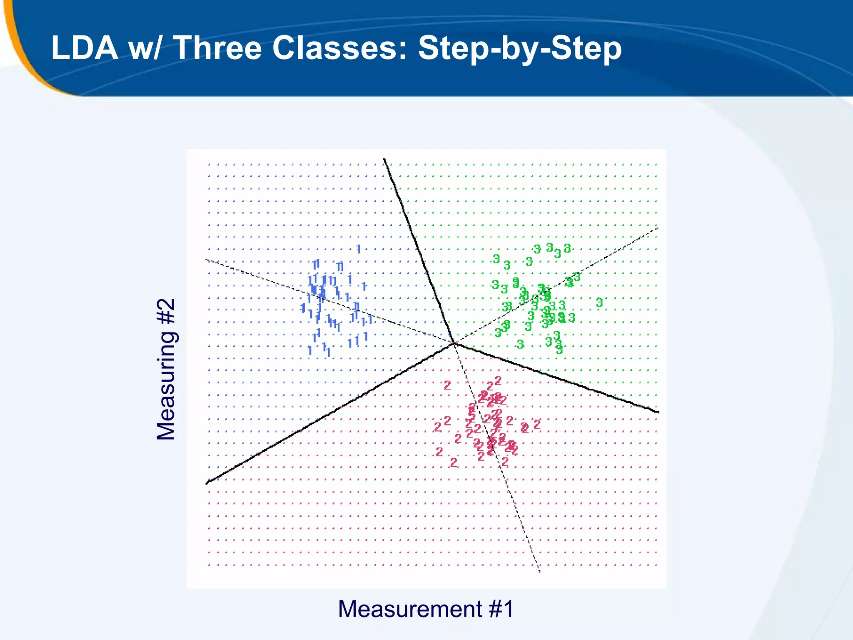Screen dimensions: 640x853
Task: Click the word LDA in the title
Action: point(85,48)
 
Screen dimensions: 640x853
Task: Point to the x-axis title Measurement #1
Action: point(426,609)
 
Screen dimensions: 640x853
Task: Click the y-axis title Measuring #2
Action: point(166,369)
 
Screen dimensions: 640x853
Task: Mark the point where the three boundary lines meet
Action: point(454,343)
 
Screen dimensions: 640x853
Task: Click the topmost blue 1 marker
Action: point(359,249)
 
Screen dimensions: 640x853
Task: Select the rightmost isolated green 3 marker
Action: point(599,302)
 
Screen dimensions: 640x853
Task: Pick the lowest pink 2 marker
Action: point(454,462)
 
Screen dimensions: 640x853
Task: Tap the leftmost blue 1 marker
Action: point(303,308)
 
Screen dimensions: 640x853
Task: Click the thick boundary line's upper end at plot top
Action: point(384,159)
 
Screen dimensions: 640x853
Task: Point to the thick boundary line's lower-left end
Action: point(207,483)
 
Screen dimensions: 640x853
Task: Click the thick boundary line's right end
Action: point(658,412)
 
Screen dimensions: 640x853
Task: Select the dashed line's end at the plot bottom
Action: point(540,572)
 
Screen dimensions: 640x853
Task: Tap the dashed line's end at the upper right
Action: point(658,228)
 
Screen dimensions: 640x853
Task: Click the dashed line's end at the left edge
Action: point(207,260)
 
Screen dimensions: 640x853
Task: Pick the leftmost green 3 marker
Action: point(494,285)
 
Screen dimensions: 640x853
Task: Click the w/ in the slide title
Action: point(144,48)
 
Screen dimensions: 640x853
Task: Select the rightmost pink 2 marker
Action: point(537,424)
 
